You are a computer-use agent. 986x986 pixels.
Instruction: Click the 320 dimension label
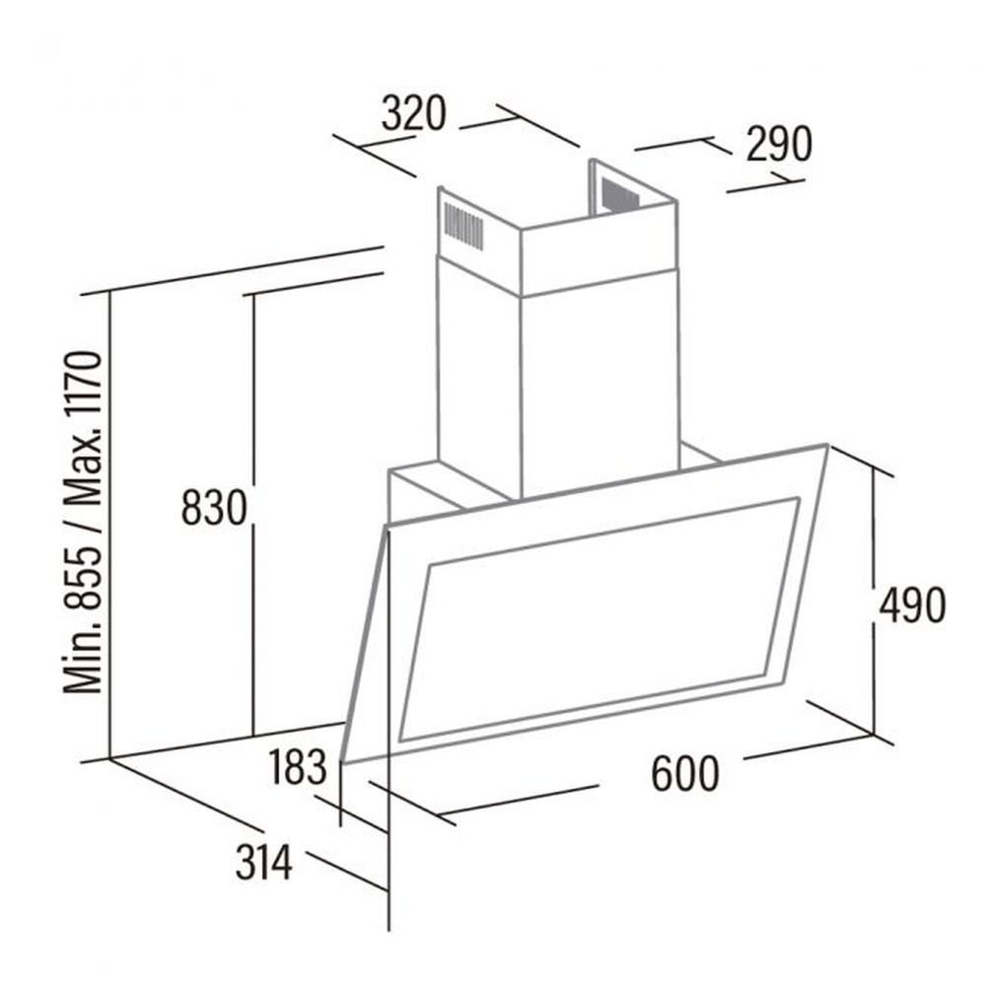pos(413,113)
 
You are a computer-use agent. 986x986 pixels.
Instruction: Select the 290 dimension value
pos(779,144)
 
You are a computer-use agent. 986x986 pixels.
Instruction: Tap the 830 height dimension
pos(214,508)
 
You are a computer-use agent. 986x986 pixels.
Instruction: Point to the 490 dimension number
pos(912,605)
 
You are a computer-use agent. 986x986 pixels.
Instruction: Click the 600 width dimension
pos(684,773)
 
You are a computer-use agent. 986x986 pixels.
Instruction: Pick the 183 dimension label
pos(298,767)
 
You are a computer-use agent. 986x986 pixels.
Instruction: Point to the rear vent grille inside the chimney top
pos(619,193)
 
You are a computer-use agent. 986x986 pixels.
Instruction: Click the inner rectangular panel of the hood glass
pos(599,619)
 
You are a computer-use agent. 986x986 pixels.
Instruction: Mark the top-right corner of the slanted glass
pos(827,446)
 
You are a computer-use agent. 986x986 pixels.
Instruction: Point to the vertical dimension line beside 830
pos(253,516)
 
